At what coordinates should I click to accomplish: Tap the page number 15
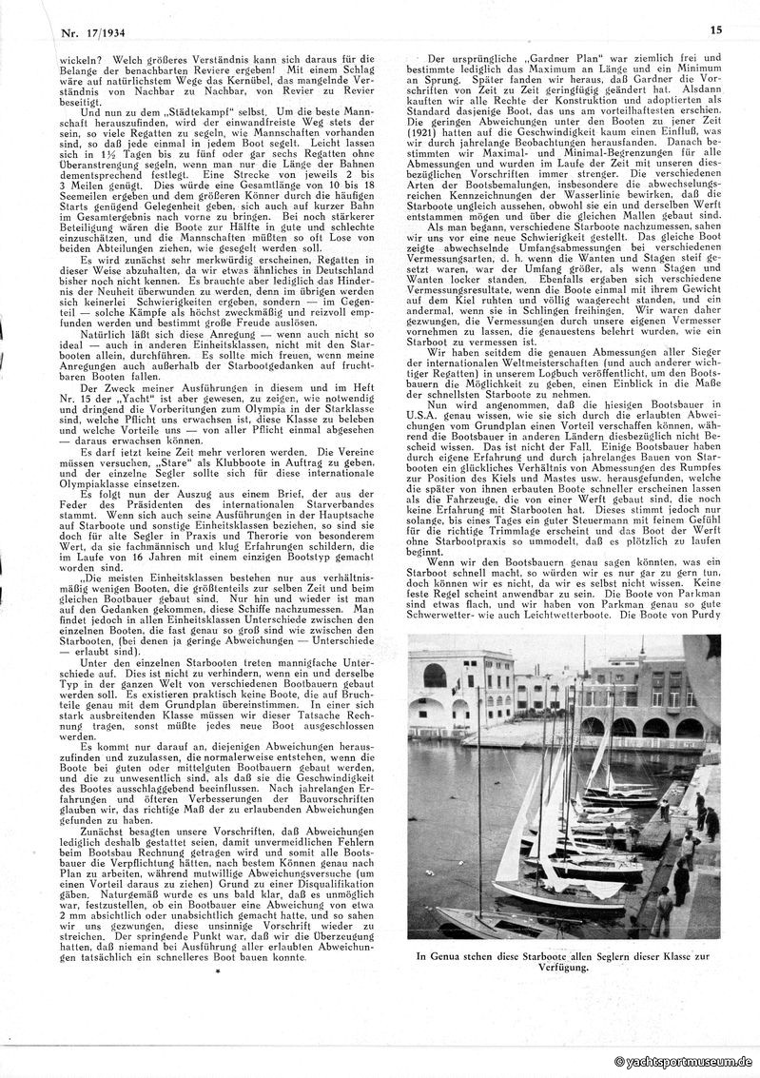[x=716, y=29]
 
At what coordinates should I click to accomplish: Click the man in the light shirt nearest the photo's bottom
[x=661, y=911]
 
